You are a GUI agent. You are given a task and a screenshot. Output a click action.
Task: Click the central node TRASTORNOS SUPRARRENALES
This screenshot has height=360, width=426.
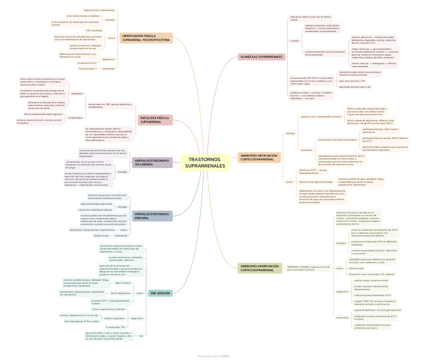(x=205, y=163)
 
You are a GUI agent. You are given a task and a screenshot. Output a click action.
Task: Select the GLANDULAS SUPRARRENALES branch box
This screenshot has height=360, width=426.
(x=261, y=57)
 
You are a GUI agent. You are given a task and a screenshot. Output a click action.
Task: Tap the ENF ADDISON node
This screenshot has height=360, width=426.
(x=160, y=293)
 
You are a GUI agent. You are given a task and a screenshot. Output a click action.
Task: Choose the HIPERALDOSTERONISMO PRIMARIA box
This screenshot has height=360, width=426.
(x=153, y=216)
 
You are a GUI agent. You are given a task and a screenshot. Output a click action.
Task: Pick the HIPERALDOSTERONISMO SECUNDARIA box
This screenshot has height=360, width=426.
(x=153, y=162)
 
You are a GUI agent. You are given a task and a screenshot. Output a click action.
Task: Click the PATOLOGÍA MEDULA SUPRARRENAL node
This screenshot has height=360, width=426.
(x=155, y=120)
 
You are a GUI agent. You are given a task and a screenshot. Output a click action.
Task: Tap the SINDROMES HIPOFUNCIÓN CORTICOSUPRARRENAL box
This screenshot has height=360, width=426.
(x=259, y=158)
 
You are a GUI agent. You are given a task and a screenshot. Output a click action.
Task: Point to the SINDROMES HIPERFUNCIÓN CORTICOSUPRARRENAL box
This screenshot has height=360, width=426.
(x=260, y=268)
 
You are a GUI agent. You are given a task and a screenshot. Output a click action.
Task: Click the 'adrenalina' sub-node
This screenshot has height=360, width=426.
(x=77, y=93)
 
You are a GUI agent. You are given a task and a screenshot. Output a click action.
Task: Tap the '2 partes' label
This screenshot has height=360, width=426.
(x=295, y=41)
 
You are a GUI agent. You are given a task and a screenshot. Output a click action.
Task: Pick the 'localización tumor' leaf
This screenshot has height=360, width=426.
(x=87, y=63)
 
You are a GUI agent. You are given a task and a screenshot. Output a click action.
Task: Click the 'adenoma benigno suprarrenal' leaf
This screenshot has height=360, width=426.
(x=96, y=204)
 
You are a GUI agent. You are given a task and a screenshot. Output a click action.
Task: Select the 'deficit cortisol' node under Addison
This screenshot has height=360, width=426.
(x=123, y=283)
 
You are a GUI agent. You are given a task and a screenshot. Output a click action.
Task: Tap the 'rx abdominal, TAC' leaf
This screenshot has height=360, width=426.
(x=116, y=327)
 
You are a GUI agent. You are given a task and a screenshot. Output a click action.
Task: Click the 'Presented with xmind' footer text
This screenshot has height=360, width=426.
(x=213, y=356)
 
